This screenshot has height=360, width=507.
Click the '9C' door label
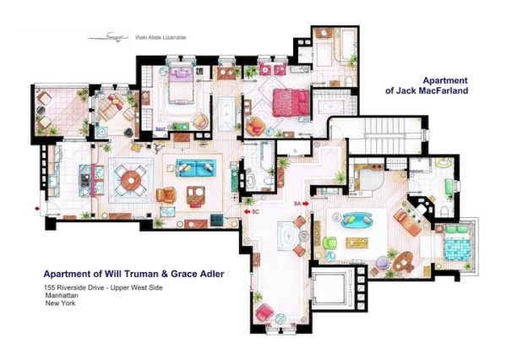254,212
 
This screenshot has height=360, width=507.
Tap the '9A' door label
297,204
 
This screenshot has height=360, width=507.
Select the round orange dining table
128,179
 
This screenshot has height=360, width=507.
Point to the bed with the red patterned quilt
291,103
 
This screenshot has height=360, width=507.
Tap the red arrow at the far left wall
37,205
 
